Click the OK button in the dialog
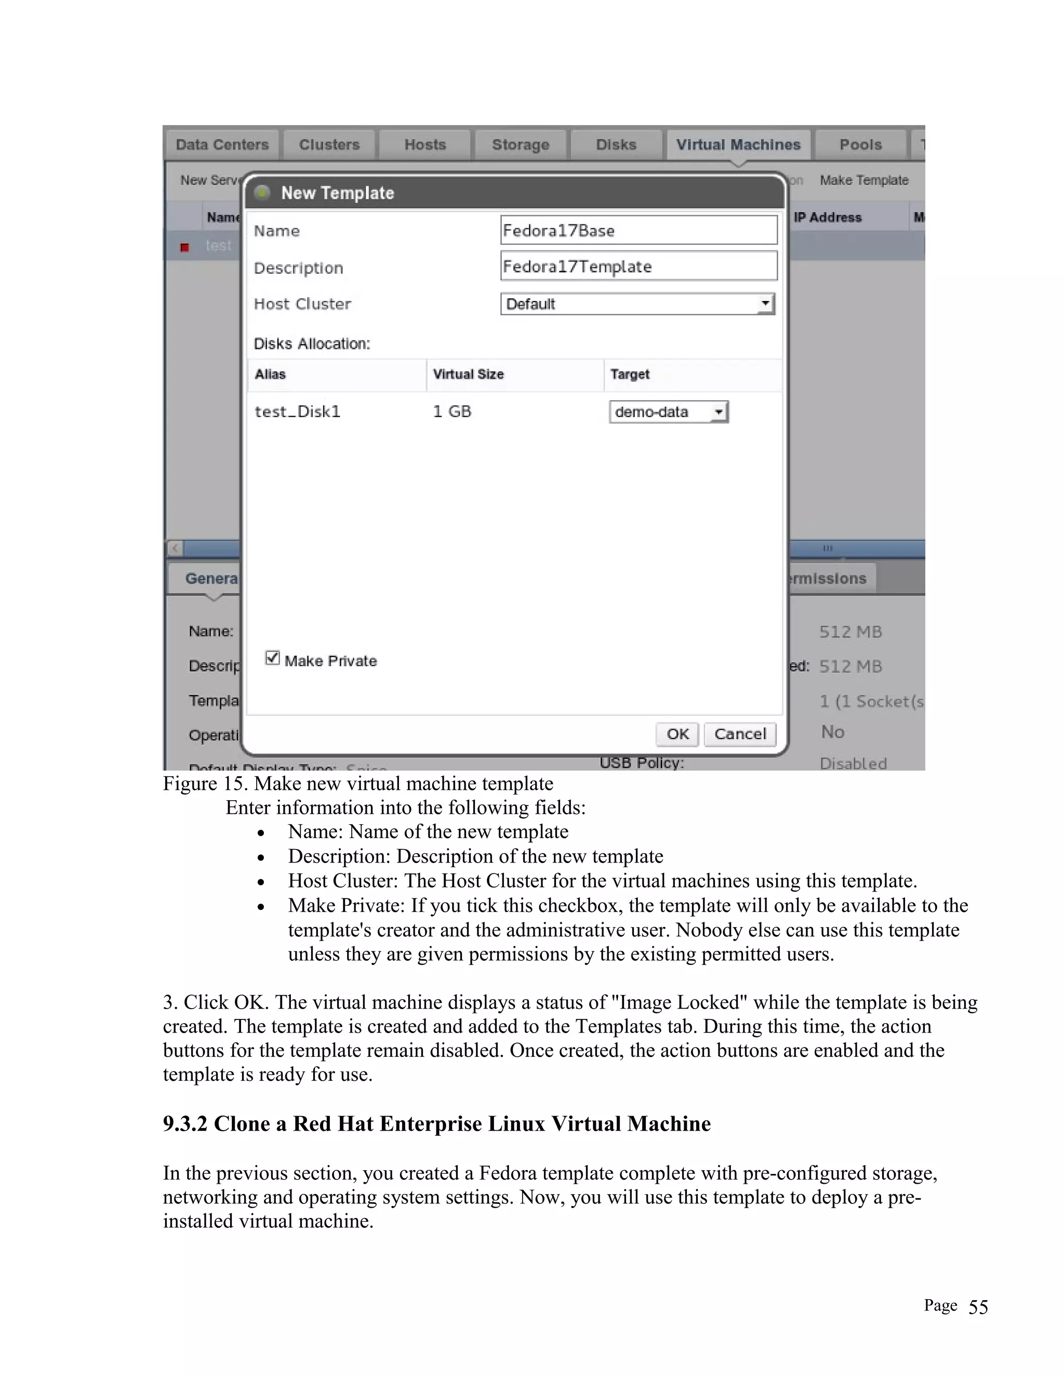point(677,734)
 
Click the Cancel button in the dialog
point(739,734)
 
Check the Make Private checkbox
point(272,658)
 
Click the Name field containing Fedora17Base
point(638,230)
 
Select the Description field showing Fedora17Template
point(638,266)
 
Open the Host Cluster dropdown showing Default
point(637,304)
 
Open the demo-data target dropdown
point(668,412)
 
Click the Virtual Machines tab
point(738,145)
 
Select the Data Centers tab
point(222,145)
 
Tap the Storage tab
point(520,145)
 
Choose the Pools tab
point(860,145)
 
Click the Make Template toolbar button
point(863,180)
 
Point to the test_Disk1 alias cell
point(297,412)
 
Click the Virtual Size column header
point(468,375)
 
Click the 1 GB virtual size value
point(452,412)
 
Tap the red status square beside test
point(184,247)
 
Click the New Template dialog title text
point(337,193)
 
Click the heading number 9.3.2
point(184,1123)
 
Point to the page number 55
point(978,1306)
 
